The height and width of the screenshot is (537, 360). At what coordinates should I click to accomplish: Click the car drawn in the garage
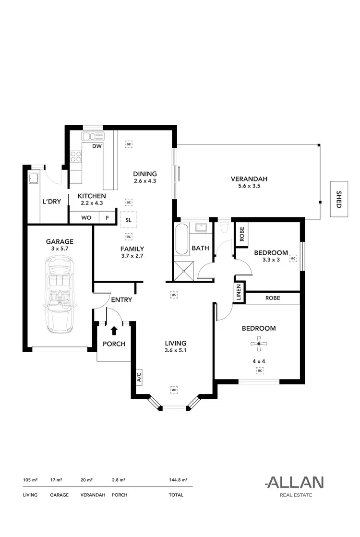point(60,294)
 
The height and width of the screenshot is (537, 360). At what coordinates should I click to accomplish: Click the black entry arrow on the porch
point(114,330)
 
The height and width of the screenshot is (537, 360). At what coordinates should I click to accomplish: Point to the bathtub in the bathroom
point(181,239)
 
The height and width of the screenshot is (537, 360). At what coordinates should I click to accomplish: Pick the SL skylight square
point(129,220)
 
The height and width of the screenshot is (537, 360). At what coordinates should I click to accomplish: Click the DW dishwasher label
point(96,146)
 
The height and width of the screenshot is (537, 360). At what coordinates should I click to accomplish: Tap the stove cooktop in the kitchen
point(75,156)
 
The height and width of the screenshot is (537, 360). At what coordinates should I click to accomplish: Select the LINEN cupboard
point(239,293)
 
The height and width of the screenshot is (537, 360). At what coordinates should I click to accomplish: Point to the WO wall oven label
point(86,217)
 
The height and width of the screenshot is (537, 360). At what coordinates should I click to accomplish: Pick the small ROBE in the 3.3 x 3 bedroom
point(242,233)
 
